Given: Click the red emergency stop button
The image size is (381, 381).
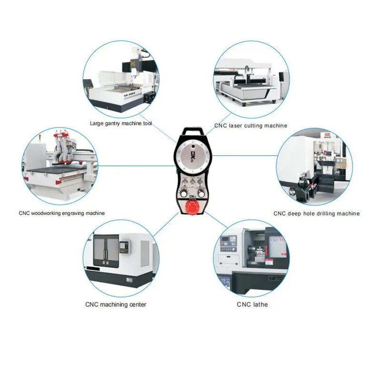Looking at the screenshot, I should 192,207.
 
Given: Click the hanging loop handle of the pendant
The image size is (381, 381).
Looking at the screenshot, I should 192,131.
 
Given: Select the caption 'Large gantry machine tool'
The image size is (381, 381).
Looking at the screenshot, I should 121,123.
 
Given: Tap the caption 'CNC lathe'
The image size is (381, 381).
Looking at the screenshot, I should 252,304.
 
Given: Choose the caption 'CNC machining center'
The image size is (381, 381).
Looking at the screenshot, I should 116,304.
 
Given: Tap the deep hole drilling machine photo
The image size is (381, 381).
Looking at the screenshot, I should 314,167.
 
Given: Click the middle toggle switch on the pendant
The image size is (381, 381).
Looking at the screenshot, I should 192,182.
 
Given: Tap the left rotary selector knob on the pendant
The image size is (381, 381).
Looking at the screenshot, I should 183,194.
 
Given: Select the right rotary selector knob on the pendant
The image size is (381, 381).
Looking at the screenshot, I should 201,194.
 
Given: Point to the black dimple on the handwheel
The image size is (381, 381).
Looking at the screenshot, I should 193,146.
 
